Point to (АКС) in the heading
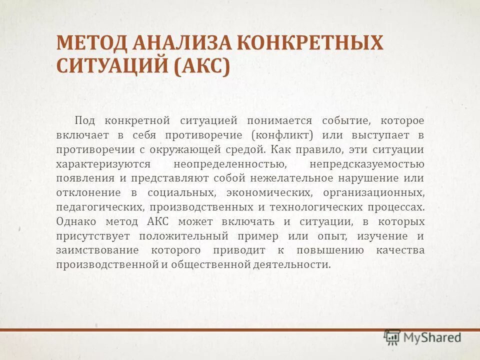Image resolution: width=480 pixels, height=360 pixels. pyautogui.click(x=202, y=66)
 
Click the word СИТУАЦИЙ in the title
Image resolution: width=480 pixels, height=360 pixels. pyautogui.click(x=113, y=66)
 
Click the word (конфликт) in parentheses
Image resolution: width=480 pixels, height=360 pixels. pyautogui.click(x=283, y=135)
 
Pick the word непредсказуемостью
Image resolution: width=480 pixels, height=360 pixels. pyautogui.click(x=366, y=164)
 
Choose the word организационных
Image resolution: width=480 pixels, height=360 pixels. pyautogui.click(x=373, y=193)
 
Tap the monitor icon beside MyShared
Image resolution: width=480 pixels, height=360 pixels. pyautogui.click(x=392, y=337)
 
